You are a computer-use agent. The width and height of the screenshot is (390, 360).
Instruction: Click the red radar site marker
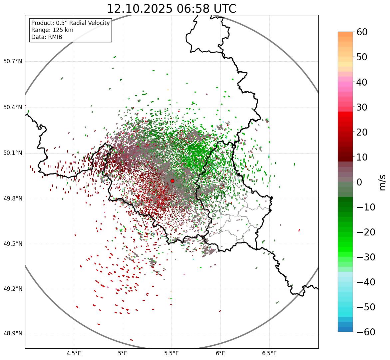coord(172,181)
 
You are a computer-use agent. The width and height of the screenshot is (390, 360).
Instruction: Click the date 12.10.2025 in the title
coord(139,9)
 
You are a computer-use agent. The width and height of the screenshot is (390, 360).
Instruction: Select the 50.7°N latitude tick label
coord(13,62)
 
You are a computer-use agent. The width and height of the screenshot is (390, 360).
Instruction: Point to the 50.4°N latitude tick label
coord(13,108)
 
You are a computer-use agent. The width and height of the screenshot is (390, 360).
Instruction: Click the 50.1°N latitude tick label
coord(13,153)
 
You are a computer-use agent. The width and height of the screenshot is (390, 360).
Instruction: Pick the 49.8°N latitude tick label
coord(13,199)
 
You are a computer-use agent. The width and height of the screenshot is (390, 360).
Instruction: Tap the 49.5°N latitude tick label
coord(13,244)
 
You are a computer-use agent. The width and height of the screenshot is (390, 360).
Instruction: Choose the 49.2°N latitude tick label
coord(13,289)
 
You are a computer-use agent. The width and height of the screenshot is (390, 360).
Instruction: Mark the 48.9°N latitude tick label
coord(13,334)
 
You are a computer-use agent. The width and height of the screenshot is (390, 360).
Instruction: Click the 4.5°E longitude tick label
coord(74,353)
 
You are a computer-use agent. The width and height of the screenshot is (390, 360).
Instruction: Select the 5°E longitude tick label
coord(123,353)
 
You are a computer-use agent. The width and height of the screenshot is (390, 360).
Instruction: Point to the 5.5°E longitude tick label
coord(172,353)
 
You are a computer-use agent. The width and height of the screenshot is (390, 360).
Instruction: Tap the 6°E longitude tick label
coord(220,353)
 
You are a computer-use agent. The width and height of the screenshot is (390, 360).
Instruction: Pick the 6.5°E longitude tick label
coord(269,353)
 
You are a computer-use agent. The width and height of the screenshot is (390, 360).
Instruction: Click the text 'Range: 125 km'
coord(52,30)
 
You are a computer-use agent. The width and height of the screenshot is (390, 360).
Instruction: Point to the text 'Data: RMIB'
coord(47,37)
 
